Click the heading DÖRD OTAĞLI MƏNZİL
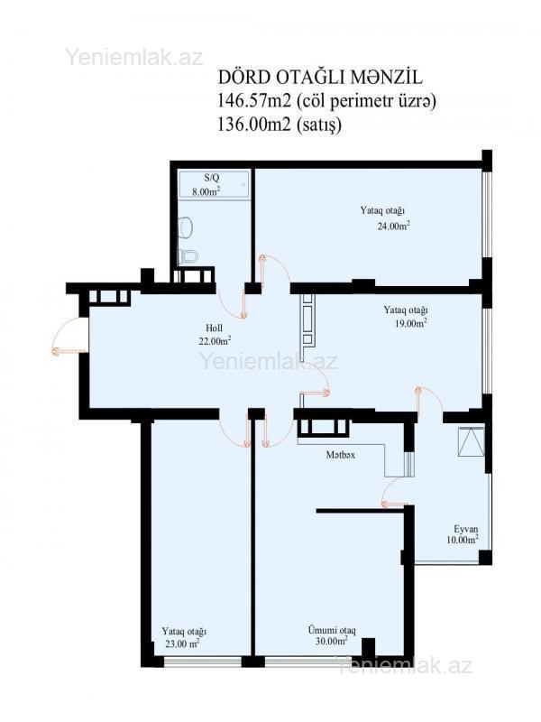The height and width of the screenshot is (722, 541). click(x=320, y=78)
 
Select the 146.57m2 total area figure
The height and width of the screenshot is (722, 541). click(x=254, y=101)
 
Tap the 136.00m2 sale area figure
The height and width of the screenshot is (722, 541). click(x=254, y=125)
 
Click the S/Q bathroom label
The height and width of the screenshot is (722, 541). click(x=212, y=177)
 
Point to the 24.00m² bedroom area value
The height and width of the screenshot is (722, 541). click(x=393, y=227)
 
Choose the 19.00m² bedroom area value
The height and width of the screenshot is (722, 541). click(x=410, y=323)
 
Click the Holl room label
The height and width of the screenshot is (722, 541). click(x=214, y=329)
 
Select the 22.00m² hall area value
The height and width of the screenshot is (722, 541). click(x=215, y=341)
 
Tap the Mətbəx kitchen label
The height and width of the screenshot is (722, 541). click(x=341, y=455)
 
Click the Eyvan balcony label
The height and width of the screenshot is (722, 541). click(x=465, y=529)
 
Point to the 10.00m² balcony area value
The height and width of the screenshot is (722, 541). click(x=463, y=540)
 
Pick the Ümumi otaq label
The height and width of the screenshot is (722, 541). click(x=332, y=630)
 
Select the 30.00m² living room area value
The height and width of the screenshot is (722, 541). click(x=331, y=642)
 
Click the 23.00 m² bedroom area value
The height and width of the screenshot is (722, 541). click(x=182, y=643)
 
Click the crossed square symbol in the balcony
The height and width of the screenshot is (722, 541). click(x=471, y=441)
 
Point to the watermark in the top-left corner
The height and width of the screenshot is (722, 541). click(x=133, y=57)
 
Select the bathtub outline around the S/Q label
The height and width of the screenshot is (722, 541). click(x=215, y=185)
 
